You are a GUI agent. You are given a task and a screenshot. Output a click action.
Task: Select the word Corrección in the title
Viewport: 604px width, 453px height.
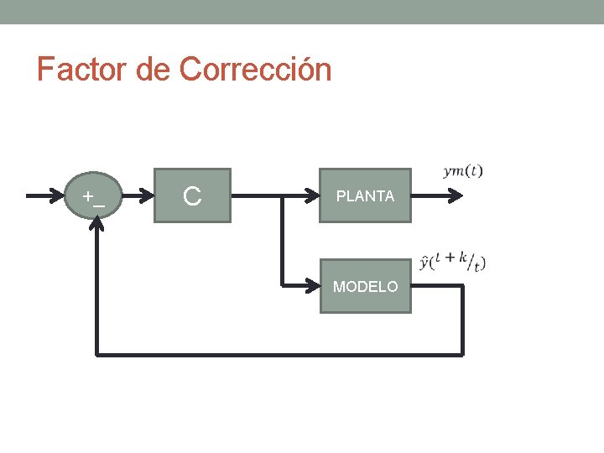[255, 69]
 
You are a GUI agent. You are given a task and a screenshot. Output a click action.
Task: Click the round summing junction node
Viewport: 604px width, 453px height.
[98, 195]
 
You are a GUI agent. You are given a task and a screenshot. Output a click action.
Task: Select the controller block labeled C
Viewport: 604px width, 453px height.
[192, 195]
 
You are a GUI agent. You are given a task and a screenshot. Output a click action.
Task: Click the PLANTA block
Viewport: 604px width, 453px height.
[365, 195]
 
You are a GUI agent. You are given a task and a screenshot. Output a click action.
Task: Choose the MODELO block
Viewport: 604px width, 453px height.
[365, 286]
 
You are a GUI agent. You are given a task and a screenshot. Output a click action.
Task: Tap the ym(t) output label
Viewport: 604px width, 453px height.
[462, 172]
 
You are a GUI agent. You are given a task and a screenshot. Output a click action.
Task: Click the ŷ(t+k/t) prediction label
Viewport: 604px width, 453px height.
[452, 261]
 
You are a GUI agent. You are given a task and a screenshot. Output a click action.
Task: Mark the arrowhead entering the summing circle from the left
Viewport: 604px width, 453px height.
[66, 196]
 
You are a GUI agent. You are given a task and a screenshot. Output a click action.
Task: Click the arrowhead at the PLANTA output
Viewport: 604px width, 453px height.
[456, 196]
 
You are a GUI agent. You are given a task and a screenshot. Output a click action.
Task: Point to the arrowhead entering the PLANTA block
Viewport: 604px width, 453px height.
[314, 196]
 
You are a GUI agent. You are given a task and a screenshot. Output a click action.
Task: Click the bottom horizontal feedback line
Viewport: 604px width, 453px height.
[277, 354]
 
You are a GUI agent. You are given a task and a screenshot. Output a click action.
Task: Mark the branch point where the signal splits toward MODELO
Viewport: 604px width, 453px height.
[282, 197]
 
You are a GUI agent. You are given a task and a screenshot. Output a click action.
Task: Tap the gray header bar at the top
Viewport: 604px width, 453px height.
[302, 12]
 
